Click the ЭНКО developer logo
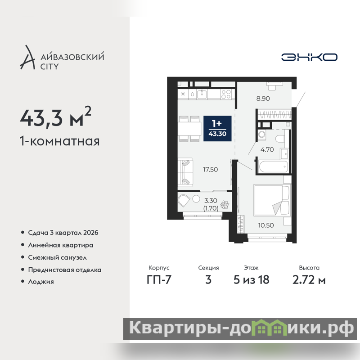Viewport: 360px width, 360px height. [x=309, y=57]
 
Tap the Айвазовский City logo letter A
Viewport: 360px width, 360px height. [x=27, y=58]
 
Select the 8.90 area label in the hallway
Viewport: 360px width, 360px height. [x=263, y=99]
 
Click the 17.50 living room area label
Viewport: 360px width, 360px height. [x=210, y=170]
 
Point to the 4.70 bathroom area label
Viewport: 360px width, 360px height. [x=267, y=149]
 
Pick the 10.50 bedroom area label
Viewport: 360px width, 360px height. [x=266, y=225]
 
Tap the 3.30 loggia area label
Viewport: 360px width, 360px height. [x=211, y=201]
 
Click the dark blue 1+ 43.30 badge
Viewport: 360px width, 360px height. [x=217, y=129]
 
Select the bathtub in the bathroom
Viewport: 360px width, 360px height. [x=273, y=166]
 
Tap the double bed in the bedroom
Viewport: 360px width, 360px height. [x=272, y=200]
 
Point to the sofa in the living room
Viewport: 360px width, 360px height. [x=185, y=171]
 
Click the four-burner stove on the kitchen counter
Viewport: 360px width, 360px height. [x=226, y=94]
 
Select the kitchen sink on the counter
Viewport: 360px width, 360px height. [x=202, y=94]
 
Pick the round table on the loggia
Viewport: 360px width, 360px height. [x=196, y=199]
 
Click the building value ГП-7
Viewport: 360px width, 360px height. [x=159, y=279]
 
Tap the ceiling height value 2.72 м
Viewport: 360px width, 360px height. [x=309, y=279]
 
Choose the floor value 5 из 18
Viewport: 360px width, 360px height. [x=252, y=279]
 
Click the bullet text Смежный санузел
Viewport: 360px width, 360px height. [x=58, y=257]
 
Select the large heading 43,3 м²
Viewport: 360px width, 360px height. [x=55, y=117]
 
